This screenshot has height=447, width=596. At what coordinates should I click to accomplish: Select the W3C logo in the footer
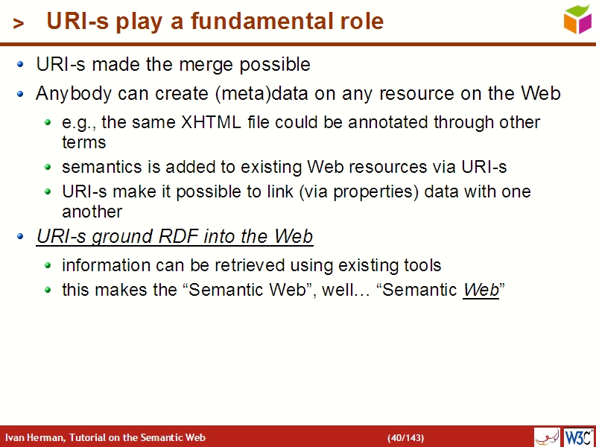pyautogui.click(x=579, y=437)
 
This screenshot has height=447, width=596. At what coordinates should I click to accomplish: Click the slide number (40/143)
pyautogui.click(x=405, y=437)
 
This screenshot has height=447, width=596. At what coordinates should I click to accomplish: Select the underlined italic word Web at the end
pyautogui.click(x=481, y=291)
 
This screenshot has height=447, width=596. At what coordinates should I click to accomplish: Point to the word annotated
pyautogui.click(x=382, y=121)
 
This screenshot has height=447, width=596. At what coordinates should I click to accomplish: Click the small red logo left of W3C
pyautogui.click(x=547, y=437)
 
